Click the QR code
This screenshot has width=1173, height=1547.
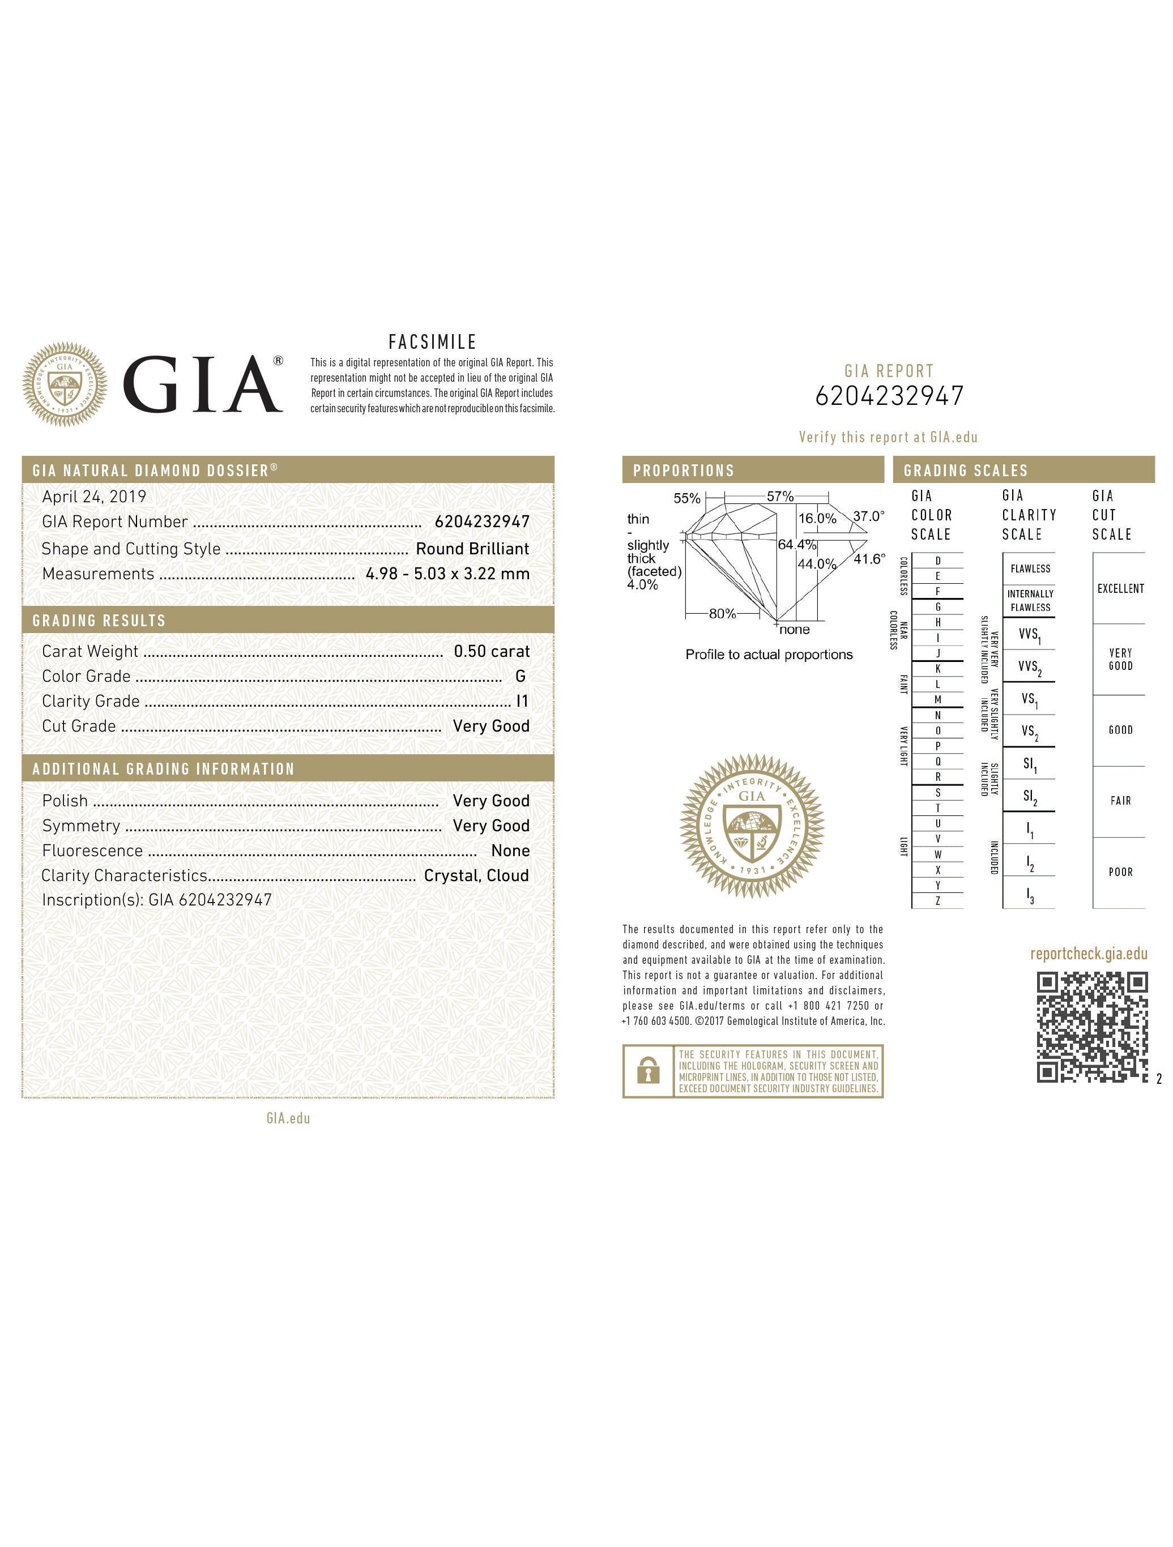click(x=1091, y=1028)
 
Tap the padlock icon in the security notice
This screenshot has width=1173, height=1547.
click(x=649, y=1071)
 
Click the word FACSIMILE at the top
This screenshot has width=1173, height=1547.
click(x=432, y=342)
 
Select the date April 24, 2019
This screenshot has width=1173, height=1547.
click(x=95, y=497)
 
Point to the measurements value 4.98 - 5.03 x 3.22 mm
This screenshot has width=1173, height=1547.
click(x=447, y=574)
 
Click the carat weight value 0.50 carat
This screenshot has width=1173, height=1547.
click(x=492, y=651)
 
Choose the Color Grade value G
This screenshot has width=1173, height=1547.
click(x=521, y=676)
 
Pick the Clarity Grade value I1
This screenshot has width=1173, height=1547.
click(x=522, y=701)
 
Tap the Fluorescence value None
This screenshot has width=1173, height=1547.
click(x=511, y=851)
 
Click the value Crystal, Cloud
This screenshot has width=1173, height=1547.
click(x=476, y=875)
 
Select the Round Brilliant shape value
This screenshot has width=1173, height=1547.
click(x=472, y=549)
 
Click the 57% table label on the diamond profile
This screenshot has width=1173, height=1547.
click(x=780, y=497)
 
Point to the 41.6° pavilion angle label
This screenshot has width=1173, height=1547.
click(x=869, y=559)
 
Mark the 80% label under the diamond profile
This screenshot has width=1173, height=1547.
click(x=723, y=613)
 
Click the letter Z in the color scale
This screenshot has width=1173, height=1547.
click(x=938, y=901)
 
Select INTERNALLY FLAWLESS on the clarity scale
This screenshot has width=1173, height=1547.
click(x=1030, y=601)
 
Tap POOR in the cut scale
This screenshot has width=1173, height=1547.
click(x=1120, y=872)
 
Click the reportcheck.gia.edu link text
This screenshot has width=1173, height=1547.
click(x=1089, y=954)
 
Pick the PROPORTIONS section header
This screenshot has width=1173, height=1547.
click(x=684, y=471)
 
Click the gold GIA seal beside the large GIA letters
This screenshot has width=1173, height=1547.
click(x=65, y=384)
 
